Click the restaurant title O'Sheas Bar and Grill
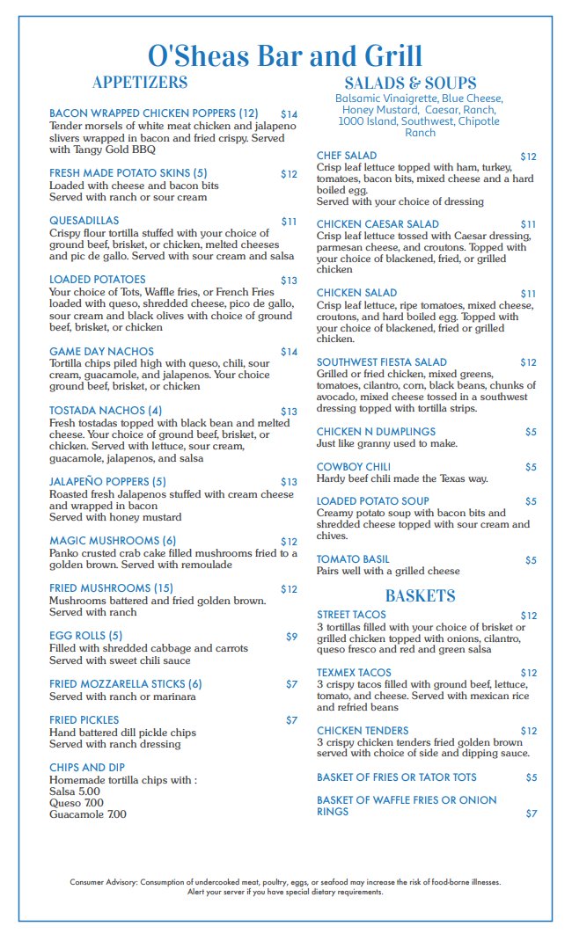click(285, 55)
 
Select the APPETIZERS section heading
click(140, 83)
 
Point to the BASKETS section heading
click(420, 595)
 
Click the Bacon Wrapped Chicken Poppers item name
click(154, 113)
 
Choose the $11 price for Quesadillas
click(289, 222)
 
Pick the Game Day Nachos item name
click(101, 352)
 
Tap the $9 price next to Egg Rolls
click(291, 636)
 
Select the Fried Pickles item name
click(84, 719)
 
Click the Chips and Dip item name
click(87, 768)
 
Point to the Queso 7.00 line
click(77, 803)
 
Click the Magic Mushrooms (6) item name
click(113, 541)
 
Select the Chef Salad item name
click(347, 156)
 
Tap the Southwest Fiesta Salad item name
click(382, 362)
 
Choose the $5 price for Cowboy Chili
click(531, 467)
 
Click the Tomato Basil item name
click(353, 559)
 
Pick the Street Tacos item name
click(351, 615)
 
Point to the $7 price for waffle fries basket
click(531, 813)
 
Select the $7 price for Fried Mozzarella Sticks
click(291, 683)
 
